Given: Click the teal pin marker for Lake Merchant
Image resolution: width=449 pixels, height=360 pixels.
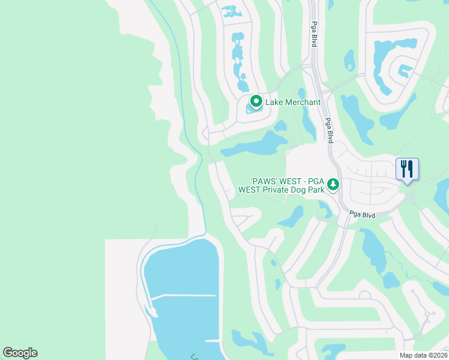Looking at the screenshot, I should coord(256,102).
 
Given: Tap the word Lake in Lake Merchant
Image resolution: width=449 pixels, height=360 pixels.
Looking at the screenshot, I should coord(275,103).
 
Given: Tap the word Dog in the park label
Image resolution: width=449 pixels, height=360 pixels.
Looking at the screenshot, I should coord(300,190).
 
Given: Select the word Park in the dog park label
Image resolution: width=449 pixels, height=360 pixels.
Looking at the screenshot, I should coord(316,190).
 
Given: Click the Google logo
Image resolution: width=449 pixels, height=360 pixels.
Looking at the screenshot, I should coord(20,353).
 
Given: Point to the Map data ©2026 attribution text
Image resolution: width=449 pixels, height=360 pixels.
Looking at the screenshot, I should coord(423,355).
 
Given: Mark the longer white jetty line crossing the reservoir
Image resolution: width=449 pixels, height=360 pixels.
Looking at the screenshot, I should coord(182,295).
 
